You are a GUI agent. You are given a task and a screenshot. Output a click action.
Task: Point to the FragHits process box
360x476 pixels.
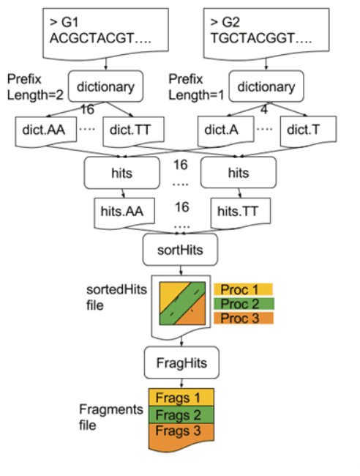pos(180,361)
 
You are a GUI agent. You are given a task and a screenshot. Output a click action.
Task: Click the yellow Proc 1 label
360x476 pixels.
pos(242,289)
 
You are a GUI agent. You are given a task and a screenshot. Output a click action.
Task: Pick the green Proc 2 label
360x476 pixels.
pos(242,303)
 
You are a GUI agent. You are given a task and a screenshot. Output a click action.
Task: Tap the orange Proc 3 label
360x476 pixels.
pos(242,318)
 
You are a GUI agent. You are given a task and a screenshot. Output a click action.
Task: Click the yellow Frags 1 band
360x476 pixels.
pos(180,398)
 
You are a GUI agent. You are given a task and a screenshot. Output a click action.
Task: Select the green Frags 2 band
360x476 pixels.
pos(180,414)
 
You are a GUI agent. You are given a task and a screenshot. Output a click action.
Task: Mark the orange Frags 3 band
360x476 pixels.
pos(180,432)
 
